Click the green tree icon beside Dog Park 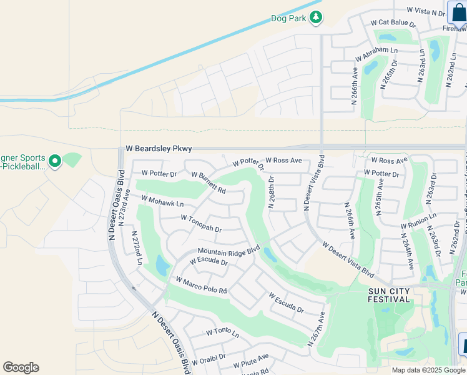coord(317,17)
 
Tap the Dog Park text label coord(288,18)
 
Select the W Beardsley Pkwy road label coord(159,149)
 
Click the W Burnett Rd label coord(208,182)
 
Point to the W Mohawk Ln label coord(162,202)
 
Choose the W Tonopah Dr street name coord(201,223)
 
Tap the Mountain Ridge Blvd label coord(228,251)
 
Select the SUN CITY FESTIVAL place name coord(380,295)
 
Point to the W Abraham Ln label coord(376,54)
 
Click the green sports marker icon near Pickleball coord(55,162)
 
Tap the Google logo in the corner coord(21,367)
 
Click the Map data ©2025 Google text coord(428,370)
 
